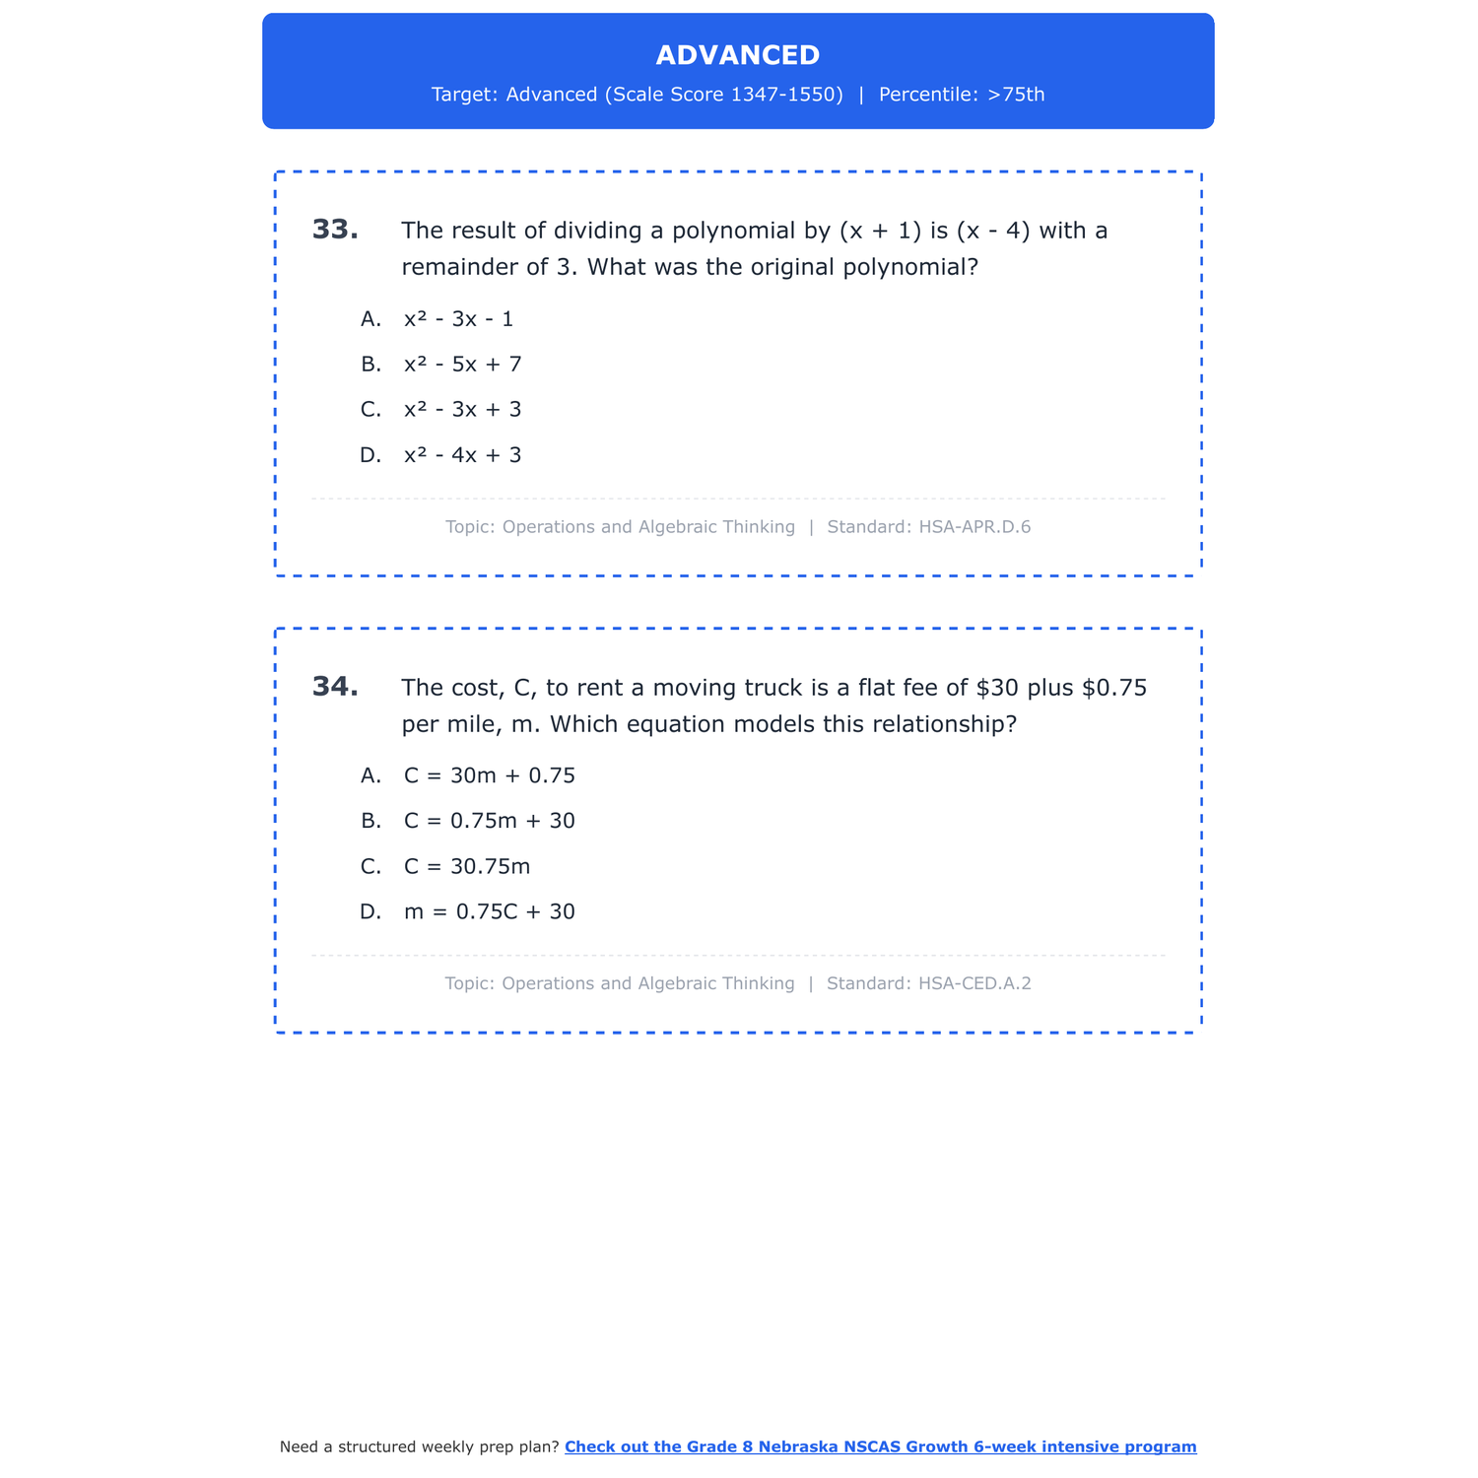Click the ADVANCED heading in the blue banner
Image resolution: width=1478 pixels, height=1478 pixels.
tap(737, 55)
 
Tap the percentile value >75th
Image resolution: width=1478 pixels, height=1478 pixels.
tap(1016, 95)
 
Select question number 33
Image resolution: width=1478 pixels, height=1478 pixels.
tap(335, 230)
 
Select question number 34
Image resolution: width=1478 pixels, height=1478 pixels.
tap(335, 687)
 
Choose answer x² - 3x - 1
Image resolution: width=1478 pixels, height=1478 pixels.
tap(458, 319)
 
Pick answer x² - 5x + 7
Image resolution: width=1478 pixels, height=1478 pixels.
tap(462, 365)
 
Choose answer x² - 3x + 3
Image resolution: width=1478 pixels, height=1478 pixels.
tap(462, 410)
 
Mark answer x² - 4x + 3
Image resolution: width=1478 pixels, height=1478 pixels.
tap(462, 455)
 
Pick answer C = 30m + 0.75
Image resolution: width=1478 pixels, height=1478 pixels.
tap(489, 775)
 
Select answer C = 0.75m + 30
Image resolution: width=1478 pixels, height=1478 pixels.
tap(489, 821)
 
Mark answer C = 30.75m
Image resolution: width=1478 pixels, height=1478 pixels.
tap(467, 866)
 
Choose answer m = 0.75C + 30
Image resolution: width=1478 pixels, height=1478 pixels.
tap(489, 911)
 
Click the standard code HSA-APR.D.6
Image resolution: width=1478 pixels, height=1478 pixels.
tap(974, 527)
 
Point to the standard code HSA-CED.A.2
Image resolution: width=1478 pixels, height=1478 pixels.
tap(974, 983)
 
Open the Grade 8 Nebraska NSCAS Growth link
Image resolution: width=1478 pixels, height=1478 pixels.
tap(880, 1446)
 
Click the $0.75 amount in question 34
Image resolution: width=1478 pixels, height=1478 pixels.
tap(1114, 688)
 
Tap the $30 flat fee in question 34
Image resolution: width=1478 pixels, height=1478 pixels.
tap(997, 688)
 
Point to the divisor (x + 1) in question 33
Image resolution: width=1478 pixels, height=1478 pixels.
tap(880, 231)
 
